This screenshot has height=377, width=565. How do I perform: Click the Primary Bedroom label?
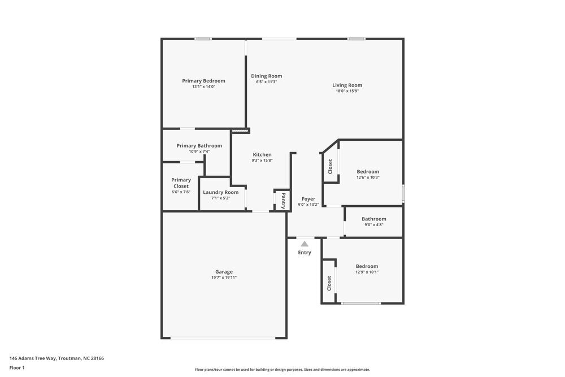(203, 81)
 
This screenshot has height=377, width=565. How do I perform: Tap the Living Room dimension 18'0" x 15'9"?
(347, 91)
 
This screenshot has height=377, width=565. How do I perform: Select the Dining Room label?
(266, 76)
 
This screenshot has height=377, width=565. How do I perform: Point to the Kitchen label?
(262, 154)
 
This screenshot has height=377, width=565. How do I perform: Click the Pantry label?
(283, 200)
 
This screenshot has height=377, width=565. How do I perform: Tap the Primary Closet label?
(181, 183)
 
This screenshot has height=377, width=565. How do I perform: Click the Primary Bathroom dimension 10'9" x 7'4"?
(199, 151)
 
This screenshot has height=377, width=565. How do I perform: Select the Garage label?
(224, 271)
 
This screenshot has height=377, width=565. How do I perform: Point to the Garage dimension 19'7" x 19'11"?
(224, 278)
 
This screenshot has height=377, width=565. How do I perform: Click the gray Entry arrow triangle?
(305, 244)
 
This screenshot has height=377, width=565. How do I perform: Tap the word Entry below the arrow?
(305, 253)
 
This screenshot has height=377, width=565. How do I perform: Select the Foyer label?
(308, 198)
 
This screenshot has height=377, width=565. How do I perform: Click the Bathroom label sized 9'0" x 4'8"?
(373, 219)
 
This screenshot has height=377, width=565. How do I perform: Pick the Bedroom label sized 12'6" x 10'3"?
(367, 171)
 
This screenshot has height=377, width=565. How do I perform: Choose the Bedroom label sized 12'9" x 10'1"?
(367, 266)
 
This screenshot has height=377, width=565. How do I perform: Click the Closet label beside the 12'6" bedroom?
(331, 166)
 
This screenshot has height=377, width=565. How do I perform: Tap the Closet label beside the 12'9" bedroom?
(329, 283)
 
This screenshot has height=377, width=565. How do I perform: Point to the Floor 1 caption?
(17, 367)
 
